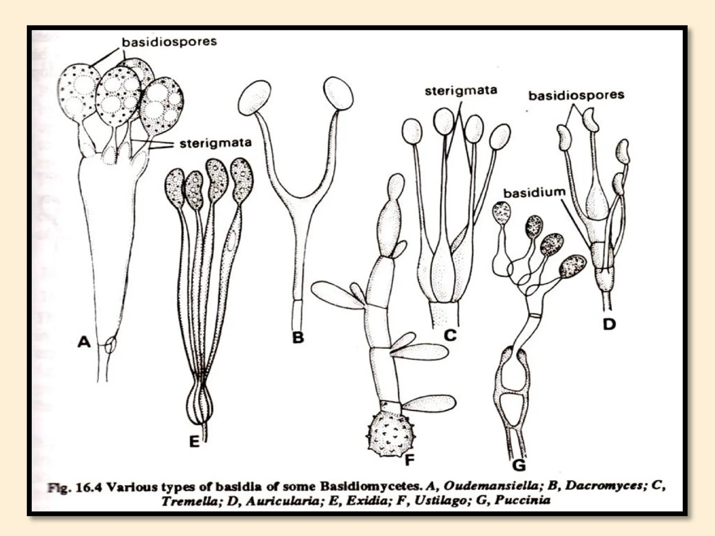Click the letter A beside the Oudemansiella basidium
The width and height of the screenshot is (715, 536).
(84, 342)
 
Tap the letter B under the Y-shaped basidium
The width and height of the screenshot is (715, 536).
(298, 337)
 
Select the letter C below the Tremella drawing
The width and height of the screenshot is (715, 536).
(450, 335)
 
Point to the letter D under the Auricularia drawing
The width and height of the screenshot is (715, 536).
(609, 325)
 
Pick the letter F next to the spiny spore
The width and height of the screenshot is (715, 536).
(409, 460)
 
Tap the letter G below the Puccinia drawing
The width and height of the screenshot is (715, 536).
(519, 465)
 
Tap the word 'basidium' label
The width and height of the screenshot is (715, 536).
(535, 193)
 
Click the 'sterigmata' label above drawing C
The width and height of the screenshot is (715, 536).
(461, 91)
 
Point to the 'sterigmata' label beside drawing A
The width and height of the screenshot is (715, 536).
(215, 143)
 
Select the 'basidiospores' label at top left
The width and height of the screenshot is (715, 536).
(169, 42)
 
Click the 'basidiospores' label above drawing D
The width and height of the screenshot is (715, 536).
(576, 95)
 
